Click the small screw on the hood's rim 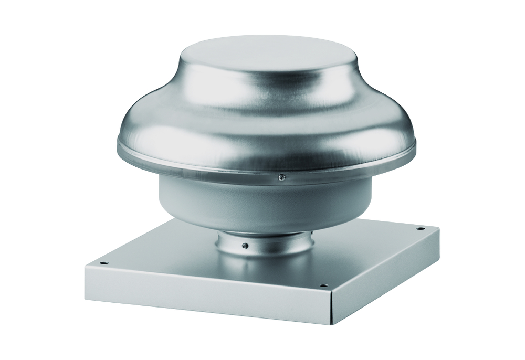click(x=281, y=177)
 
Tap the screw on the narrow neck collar click(x=245, y=245)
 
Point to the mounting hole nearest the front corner click(x=323, y=286)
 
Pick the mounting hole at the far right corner click(x=419, y=229)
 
